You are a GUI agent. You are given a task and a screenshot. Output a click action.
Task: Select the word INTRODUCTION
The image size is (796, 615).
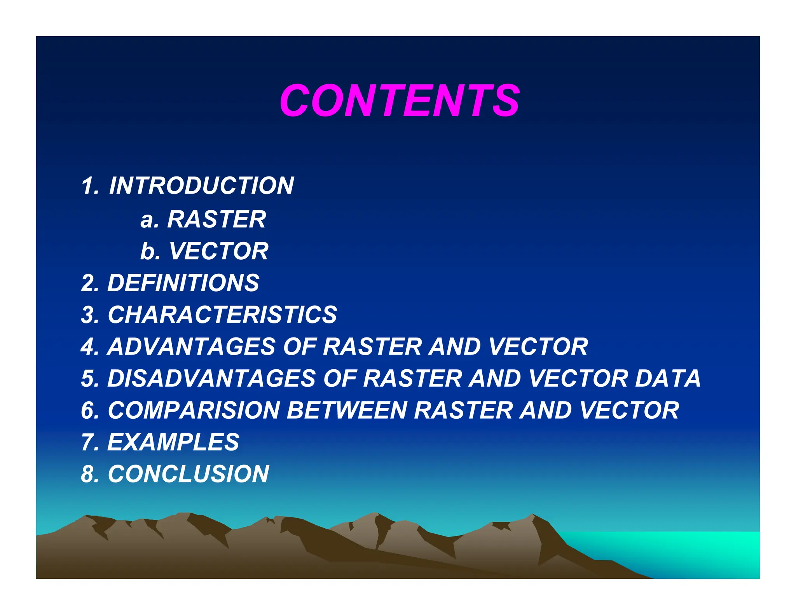(201, 185)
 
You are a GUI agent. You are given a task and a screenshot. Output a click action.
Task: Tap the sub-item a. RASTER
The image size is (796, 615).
(203, 219)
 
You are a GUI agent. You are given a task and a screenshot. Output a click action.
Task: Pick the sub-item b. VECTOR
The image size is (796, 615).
(204, 251)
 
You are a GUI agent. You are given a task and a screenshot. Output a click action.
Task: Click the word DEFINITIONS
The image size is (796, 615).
(183, 283)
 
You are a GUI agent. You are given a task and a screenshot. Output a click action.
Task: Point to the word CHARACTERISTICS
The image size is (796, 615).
(222, 314)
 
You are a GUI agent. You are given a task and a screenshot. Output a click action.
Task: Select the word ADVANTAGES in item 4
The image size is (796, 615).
(191, 346)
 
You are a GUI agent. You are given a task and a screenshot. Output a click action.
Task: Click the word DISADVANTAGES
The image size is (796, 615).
(211, 378)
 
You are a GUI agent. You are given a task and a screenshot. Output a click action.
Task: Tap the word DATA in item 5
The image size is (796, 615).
(667, 378)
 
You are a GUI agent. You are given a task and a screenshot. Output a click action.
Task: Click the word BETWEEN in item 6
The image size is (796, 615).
(347, 410)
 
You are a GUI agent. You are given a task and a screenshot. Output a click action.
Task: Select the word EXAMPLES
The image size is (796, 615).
(173, 442)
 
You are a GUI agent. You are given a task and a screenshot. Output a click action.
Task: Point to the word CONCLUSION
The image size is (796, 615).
(188, 474)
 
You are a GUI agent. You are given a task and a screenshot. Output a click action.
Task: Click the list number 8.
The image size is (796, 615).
(88, 474)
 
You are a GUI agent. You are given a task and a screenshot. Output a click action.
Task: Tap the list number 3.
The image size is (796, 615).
(88, 314)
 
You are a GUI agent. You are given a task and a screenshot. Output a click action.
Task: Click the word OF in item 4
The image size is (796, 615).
(298, 346)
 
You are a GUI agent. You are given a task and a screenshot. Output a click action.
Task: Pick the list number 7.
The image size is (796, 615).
(88, 442)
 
